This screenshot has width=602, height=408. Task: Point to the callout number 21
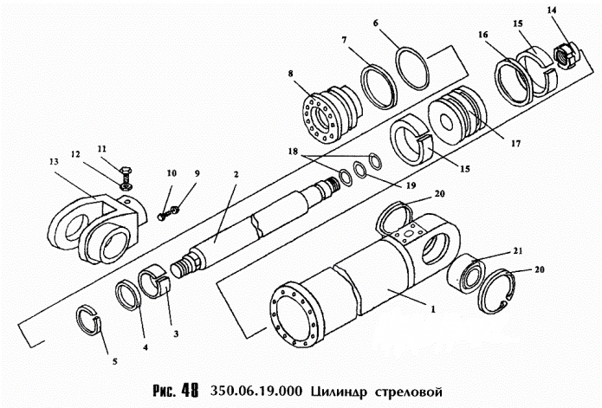[x=542, y=250]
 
